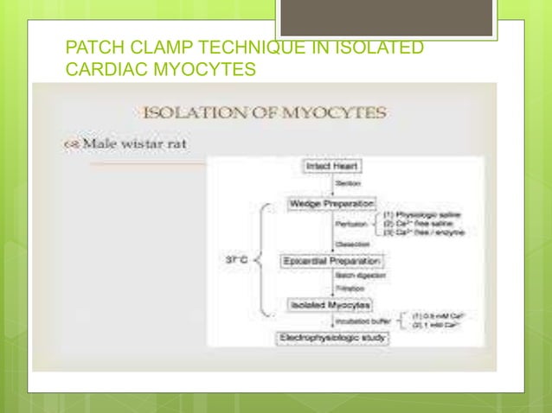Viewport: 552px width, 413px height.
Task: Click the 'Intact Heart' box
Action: pos(332,164)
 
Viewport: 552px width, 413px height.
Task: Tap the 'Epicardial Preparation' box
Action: pos(333,260)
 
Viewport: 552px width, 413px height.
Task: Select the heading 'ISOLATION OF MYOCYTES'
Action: pos(264,111)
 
